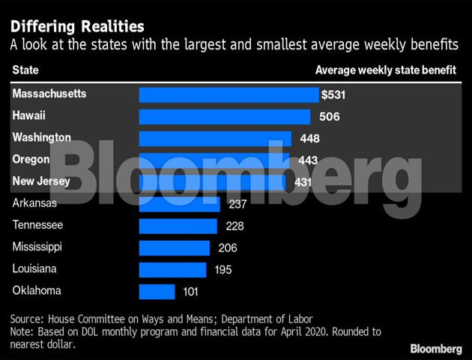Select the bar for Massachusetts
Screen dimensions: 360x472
229,94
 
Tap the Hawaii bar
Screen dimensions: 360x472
225,116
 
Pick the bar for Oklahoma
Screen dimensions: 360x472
157,291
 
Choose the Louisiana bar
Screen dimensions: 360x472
172,269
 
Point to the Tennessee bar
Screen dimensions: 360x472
178,226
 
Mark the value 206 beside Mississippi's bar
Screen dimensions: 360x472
227,247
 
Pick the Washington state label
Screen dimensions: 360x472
41,137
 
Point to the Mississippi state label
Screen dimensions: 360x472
37,246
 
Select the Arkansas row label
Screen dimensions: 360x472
34,202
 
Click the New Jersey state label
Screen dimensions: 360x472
41,181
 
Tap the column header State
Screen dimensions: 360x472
25,70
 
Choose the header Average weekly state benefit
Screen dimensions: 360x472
387,70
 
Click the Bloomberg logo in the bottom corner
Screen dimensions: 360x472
435,349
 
